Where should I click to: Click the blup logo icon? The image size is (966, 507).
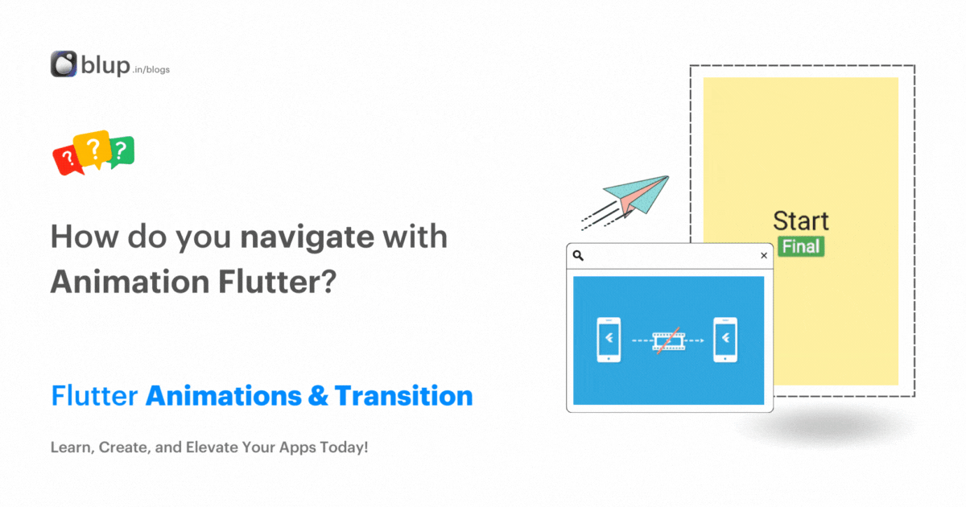(x=64, y=64)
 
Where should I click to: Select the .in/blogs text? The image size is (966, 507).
(x=152, y=69)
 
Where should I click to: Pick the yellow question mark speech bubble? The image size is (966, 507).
(x=92, y=148)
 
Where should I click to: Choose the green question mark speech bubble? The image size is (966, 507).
(x=121, y=150)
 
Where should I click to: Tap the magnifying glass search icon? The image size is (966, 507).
(x=578, y=256)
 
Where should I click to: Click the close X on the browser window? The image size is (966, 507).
(x=764, y=256)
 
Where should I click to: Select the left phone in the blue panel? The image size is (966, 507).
(x=609, y=340)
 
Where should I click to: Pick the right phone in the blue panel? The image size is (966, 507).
(x=726, y=340)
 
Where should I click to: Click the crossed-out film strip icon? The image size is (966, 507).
(x=668, y=340)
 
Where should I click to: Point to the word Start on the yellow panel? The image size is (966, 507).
(x=800, y=221)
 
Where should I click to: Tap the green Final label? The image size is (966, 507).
(x=801, y=246)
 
